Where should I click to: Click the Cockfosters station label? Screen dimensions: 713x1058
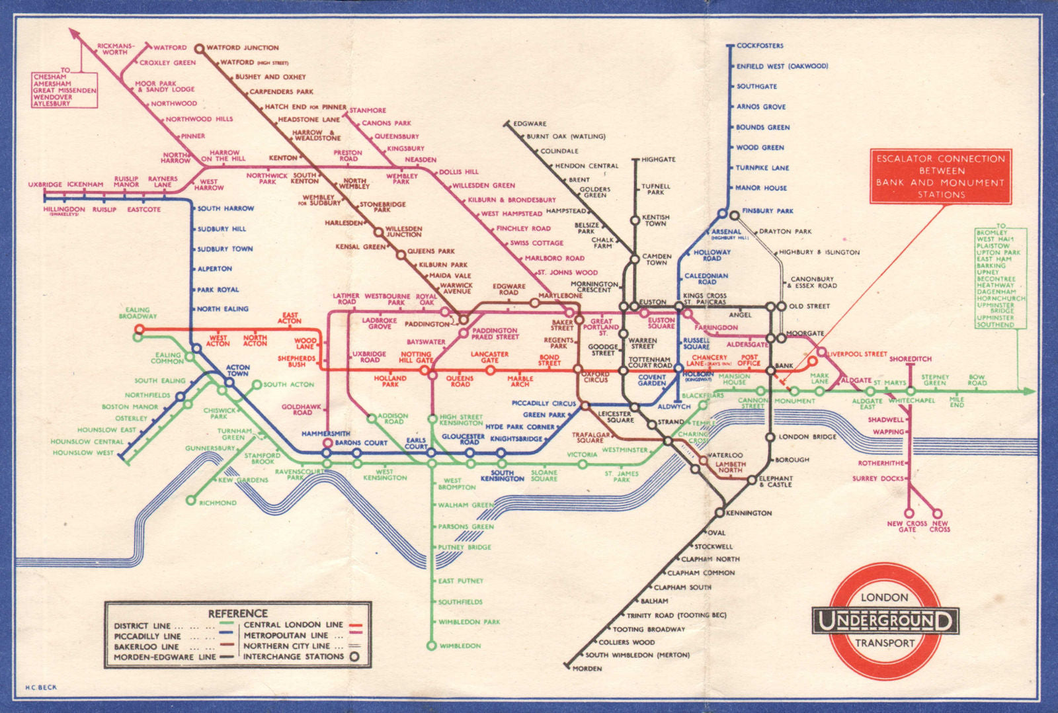tap(760, 46)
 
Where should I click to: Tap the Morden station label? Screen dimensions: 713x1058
tap(587, 669)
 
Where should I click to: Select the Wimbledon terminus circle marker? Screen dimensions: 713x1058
tap(432, 646)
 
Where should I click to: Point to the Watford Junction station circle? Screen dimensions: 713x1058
tap(199, 48)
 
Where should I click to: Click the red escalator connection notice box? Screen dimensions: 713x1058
tap(940, 177)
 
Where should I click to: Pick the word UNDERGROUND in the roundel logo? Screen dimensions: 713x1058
tap(885, 621)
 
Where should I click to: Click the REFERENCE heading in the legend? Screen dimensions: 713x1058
tap(237, 613)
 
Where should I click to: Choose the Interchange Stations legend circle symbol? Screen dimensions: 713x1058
tap(355, 657)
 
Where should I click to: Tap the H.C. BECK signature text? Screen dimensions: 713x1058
tap(41, 687)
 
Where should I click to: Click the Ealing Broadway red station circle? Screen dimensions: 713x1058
tap(139, 329)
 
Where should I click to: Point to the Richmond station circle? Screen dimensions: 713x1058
tap(191, 501)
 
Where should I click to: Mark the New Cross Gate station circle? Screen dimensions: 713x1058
tap(909, 513)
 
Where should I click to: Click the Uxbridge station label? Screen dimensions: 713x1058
tap(45, 185)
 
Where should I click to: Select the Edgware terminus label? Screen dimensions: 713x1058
tap(530, 124)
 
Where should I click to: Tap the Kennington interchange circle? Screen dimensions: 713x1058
tap(719, 513)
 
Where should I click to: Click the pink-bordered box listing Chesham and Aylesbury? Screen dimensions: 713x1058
tap(65, 90)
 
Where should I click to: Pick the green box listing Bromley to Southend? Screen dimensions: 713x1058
tap(1000, 278)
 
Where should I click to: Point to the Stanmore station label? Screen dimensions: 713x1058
tap(368, 110)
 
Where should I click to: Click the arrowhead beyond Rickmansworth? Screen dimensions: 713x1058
tap(73, 32)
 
